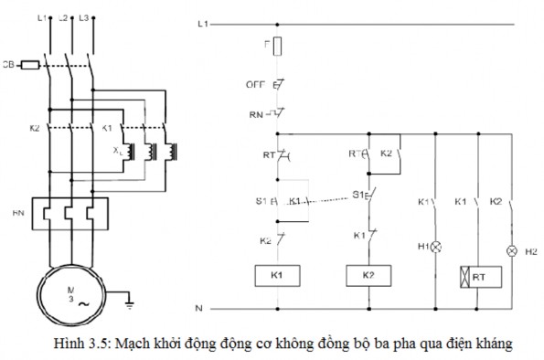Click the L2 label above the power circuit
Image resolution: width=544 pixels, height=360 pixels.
click(x=63, y=17)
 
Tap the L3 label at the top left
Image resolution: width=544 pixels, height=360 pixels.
click(x=84, y=17)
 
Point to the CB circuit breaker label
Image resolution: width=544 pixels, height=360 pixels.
click(x=8, y=65)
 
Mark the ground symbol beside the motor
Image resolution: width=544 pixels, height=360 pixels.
click(x=130, y=296)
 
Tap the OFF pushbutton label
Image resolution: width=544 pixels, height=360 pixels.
click(x=257, y=84)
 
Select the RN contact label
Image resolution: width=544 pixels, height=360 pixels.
click(x=258, y=115)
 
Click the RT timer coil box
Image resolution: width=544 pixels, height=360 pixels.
click(x=477, y=274)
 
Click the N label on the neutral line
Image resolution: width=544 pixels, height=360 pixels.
click(x=198, y=307)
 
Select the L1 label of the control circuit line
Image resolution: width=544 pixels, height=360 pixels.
click(x=203, y=21)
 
